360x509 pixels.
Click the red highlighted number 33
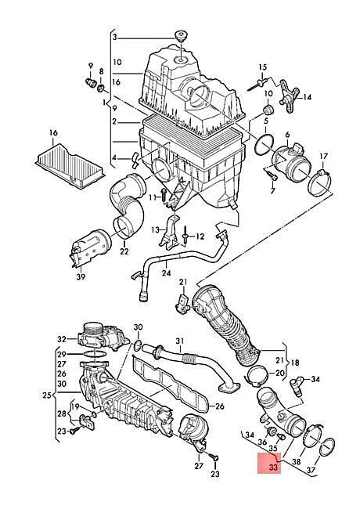(x=273, y=467)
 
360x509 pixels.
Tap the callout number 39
(x=81, y=276)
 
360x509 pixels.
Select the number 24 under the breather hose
(x=167, y=273)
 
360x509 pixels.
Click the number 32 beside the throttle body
(x=62, y=340)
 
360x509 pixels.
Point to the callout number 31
(x=180, y=341)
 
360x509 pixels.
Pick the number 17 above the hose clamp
(x=324, y=157)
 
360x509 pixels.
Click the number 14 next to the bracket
(x=307, y=97)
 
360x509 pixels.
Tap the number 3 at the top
(x=114, y=38)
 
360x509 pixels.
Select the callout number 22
(x=124, y=251)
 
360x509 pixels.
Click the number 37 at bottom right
(x=311, y=470)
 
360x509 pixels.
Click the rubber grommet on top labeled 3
(x=182, y=36)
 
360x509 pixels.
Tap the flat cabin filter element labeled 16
(x=70, y=164)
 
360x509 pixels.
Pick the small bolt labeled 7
(x=273, y=177)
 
